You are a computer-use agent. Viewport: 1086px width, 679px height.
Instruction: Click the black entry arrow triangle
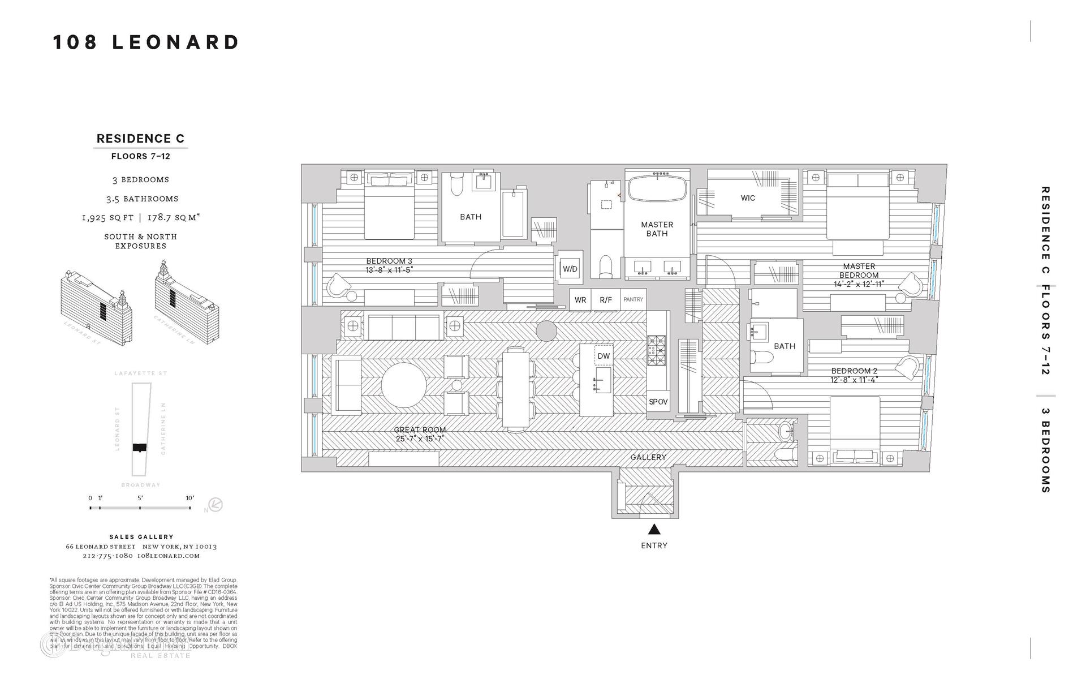coord(654,530)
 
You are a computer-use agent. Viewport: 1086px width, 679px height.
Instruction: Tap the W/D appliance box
coord(570,269)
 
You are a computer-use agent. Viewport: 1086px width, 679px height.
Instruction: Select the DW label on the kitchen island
coord(604,356)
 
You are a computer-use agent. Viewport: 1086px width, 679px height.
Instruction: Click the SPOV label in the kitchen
coord(658,402)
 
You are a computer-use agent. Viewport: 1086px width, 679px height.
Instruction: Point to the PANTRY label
coord(633,299)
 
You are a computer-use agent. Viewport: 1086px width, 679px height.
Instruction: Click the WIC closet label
coord(748,198)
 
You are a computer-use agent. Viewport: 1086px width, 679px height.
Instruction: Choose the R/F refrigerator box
coord(605,300)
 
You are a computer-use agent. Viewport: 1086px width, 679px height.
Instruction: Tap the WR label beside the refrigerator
coord(580,300)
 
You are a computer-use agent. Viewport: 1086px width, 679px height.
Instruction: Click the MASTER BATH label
coord(657,229)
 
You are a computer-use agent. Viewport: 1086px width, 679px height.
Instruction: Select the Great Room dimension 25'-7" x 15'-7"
coord(420,439)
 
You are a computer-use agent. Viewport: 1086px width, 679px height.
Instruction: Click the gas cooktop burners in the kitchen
coord(657,350)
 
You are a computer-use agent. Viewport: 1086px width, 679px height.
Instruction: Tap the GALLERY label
coord(648,457)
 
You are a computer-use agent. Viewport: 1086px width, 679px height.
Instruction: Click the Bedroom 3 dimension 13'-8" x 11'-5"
coord(389,270)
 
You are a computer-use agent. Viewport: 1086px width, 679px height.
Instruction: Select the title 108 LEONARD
coord(146,42)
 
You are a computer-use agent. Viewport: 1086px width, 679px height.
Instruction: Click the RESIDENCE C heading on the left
coord(140,139)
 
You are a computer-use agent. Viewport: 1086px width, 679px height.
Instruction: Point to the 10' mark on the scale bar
coord(190,498)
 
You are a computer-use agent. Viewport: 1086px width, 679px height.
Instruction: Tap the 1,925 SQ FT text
coord(107,218)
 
